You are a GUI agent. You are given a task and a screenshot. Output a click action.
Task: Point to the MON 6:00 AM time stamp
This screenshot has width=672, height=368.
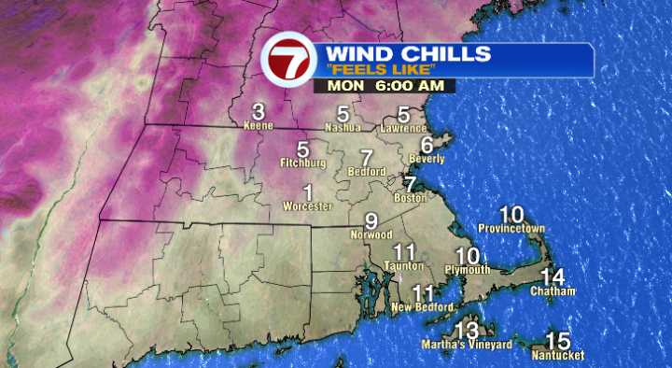tap(385, 86)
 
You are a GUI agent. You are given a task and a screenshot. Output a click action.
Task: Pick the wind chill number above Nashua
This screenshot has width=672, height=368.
tap(343, 113)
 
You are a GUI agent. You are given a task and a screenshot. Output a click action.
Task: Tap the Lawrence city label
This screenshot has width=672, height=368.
tap(404, 128)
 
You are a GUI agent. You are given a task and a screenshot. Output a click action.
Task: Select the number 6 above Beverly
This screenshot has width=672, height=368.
tap(427, 145)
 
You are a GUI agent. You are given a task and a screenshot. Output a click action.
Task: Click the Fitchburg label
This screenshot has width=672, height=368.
tap(302, 163)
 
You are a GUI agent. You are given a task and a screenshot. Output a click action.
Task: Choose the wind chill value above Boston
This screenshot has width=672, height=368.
tap(409, 184)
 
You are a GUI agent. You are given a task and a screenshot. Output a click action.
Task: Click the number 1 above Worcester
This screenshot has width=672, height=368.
tap(307, 191)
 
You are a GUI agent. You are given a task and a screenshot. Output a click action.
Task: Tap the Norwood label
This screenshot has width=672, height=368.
tap(371, 234)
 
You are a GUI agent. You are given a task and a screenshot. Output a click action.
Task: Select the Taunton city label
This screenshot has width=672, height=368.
tap(403, 266)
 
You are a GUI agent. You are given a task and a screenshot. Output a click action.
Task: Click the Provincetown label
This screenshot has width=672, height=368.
tap(511, 228)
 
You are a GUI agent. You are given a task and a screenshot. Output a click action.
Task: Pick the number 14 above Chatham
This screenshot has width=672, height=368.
tap(553, 276)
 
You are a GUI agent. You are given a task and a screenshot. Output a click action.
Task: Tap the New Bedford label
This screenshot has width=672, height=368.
tap(423, 307)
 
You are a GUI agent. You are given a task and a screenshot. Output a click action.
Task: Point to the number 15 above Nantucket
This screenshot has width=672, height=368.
tap(558, 340)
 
